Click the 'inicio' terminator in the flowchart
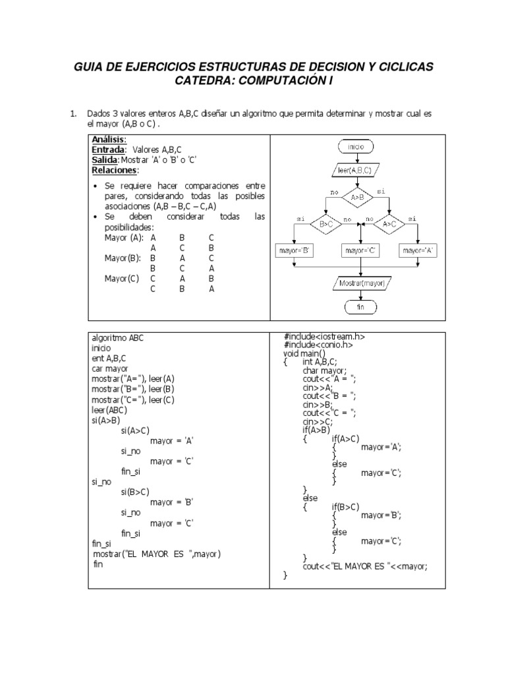point(355,146)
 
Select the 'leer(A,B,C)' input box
point(354,170)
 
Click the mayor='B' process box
point(296,250)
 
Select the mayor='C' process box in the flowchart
point(359,250)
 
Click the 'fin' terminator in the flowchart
point(360,307)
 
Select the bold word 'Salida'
point(105,160)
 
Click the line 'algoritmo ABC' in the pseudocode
point(117,337)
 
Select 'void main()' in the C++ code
point(304,353)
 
